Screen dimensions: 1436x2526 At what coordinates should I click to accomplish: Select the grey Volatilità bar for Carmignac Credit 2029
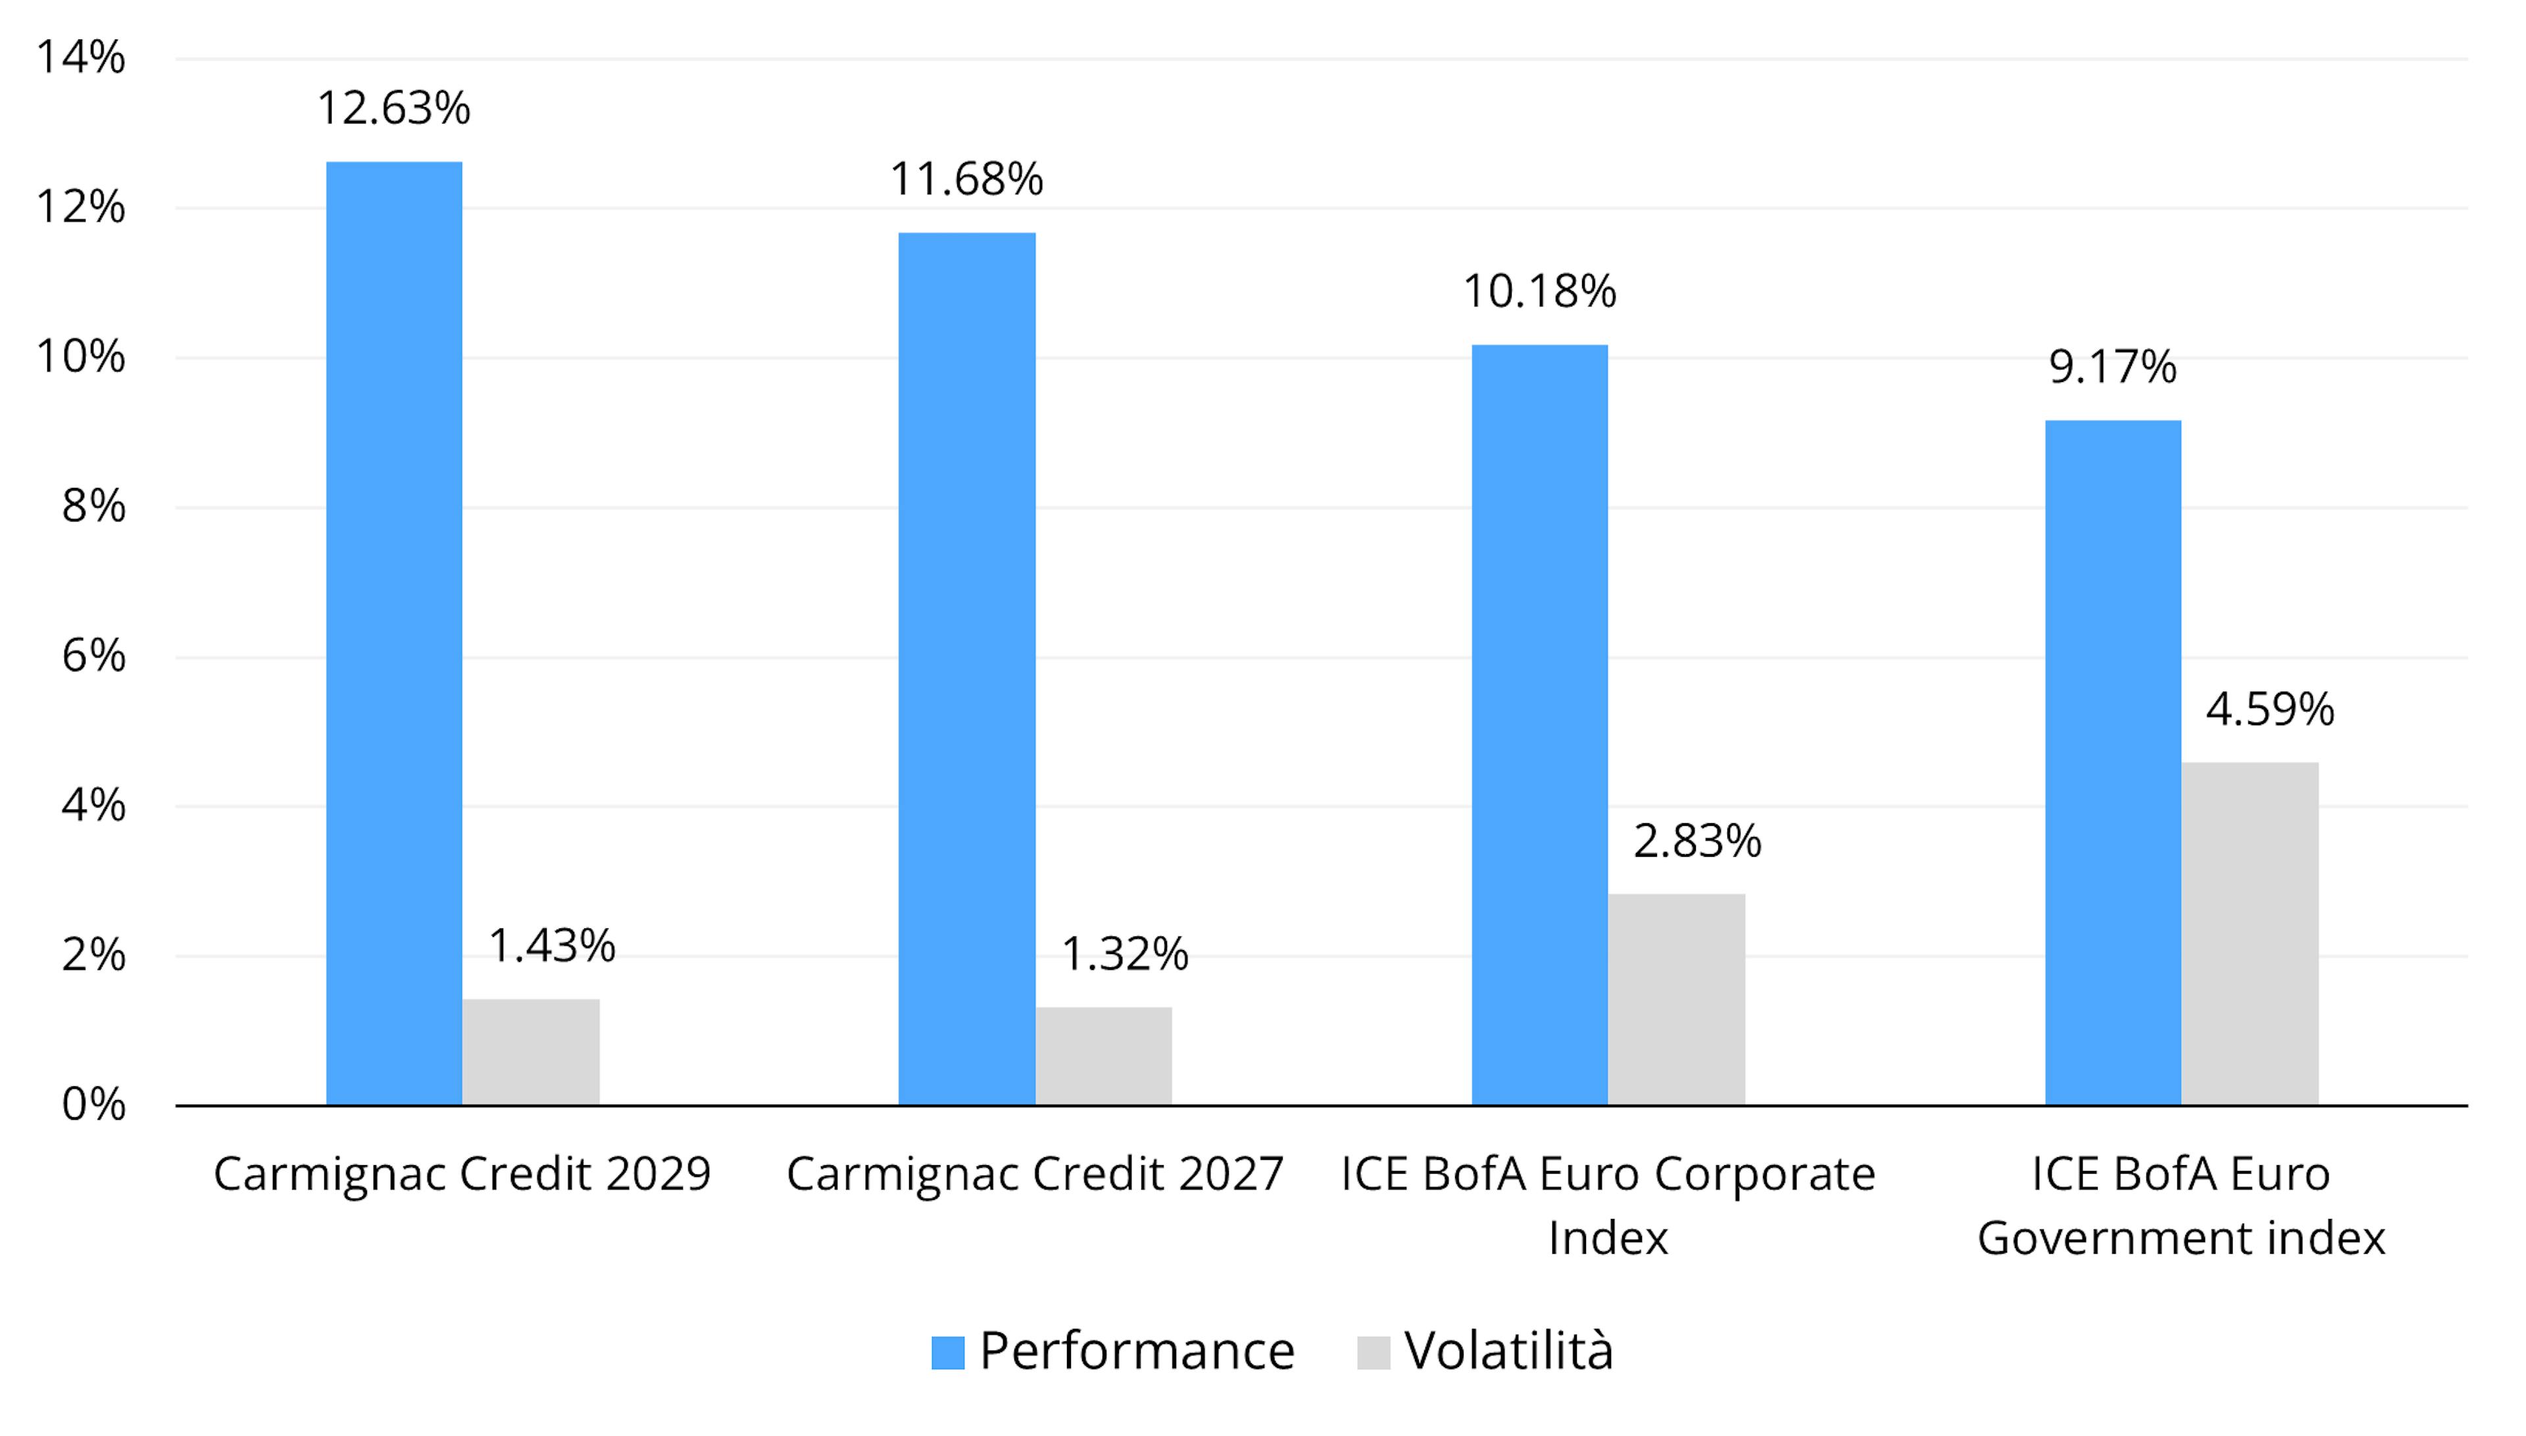pos(531,1051)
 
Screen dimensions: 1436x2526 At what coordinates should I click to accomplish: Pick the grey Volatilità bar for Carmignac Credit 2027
pos(1103,1055)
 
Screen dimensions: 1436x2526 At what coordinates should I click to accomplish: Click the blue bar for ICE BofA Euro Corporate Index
pos(1539,725)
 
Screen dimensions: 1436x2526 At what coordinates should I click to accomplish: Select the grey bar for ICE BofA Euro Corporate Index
pos(1676,999)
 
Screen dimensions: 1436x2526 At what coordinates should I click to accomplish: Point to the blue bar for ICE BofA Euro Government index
pos(2113,763)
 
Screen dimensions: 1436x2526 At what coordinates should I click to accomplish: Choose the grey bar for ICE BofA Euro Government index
pos(2250,933)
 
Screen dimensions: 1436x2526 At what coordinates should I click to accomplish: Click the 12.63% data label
pos(393,108)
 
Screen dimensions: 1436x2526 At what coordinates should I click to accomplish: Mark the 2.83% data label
pos(1697,842)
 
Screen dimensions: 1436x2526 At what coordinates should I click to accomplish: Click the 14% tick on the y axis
pos(81,57)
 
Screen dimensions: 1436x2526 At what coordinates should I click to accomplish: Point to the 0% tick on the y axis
pos(93,1105)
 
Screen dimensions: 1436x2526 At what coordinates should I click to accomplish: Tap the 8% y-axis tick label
pos(93,507)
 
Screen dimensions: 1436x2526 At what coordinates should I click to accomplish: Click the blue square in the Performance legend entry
pos(947,1352)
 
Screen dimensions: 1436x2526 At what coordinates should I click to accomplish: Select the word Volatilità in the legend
pos(1509,1351)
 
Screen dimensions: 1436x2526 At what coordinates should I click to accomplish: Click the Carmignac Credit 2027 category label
pos(1034,1174)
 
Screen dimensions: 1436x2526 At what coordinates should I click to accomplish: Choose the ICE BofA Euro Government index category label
pos(2181,1205)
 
